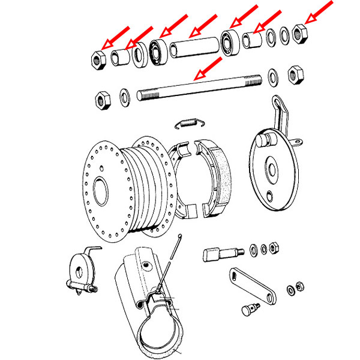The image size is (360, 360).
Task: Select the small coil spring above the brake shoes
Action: pos(189,124)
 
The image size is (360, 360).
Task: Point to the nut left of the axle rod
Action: pos(101,98)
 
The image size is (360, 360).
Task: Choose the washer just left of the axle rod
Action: pos(125,96)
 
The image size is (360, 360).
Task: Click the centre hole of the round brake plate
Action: pos(273,170)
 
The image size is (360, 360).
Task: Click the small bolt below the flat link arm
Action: pos(248,312)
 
